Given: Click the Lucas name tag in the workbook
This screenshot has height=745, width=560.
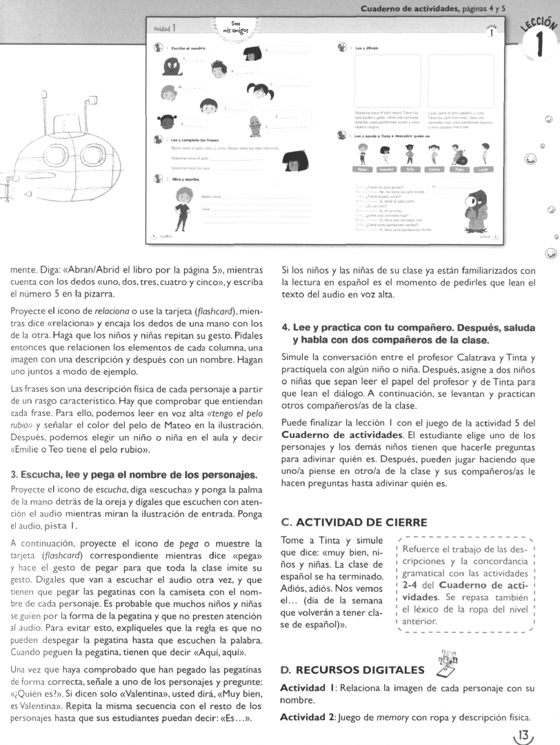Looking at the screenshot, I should (485, 169).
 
